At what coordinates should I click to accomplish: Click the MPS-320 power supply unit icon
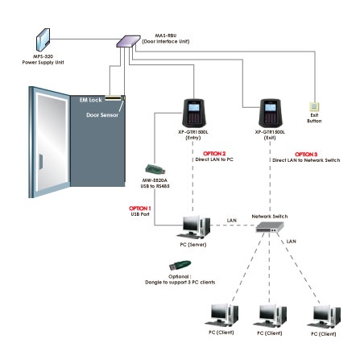[x=40, y=39]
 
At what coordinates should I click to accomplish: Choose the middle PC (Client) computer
[x=268, y=313]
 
